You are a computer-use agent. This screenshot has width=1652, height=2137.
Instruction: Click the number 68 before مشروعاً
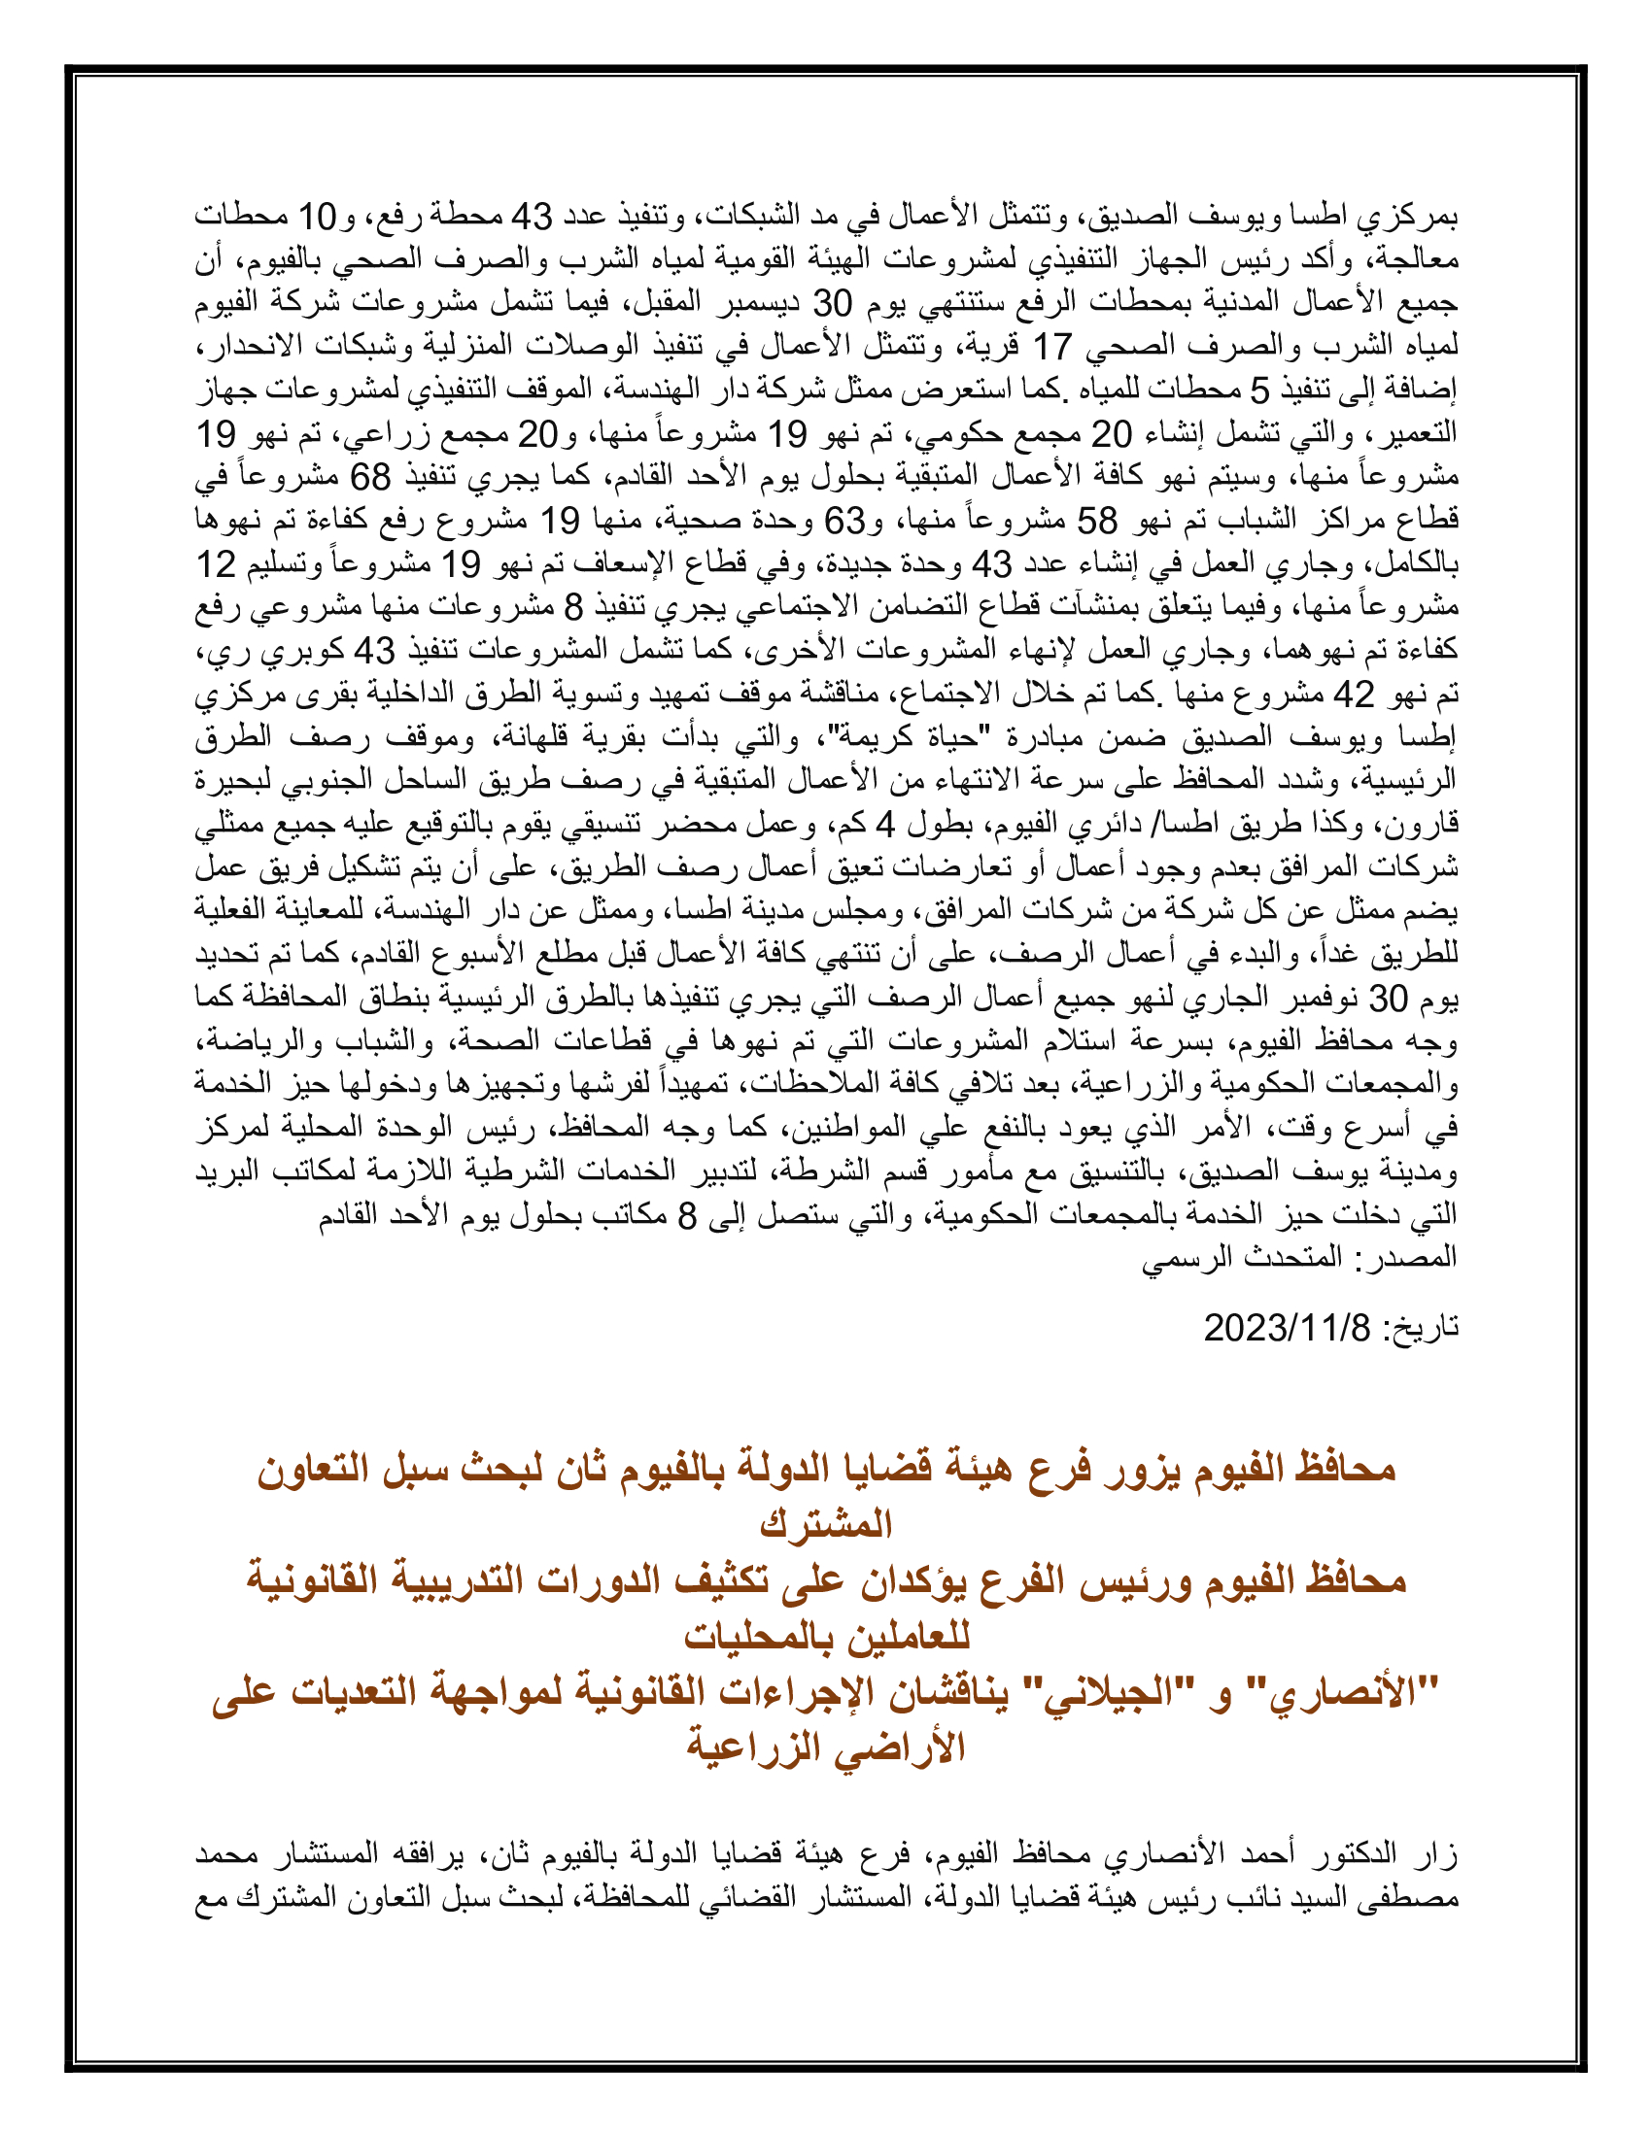click(x=371, y=477)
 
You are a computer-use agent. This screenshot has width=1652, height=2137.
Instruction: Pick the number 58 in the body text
click(x=1096, y=520)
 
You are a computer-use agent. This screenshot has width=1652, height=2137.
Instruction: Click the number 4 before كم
click(x=884, y=824)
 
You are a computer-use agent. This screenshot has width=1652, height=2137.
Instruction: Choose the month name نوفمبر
click(x=1323, y=998)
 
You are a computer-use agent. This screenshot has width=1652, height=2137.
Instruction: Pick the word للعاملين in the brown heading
click(x=906, y=1637)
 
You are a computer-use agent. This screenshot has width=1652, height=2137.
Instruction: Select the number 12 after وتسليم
click(x=217, y=563)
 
